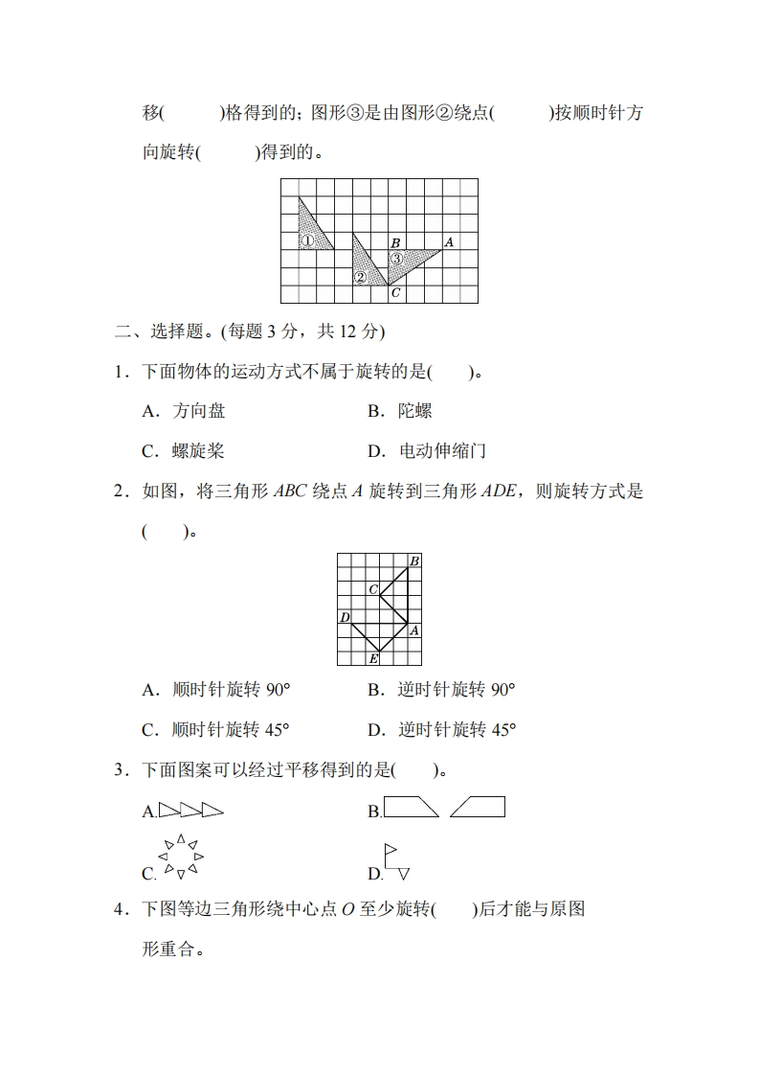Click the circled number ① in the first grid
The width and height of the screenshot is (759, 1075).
tap(307, 241)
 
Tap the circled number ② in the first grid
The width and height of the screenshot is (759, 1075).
tap(360, 278)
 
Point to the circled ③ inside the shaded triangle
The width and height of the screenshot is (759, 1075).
tap(395, 258)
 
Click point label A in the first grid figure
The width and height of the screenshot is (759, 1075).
tap(448, 242)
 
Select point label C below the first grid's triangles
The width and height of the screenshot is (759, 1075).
tap(395, 293)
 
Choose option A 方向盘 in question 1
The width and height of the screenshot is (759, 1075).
tap(184, 411)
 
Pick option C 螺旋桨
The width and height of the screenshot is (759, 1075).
tap(184, 451)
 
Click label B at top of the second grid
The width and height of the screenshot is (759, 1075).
tap(414, 560)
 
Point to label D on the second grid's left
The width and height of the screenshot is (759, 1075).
tap(345, 617)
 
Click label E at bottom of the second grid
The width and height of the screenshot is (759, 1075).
tap(374, 659)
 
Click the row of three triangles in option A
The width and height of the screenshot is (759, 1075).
tap(190, 811)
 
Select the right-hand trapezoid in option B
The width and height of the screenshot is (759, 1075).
tap(478, 807)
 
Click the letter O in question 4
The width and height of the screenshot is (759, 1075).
tap(348, 910)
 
